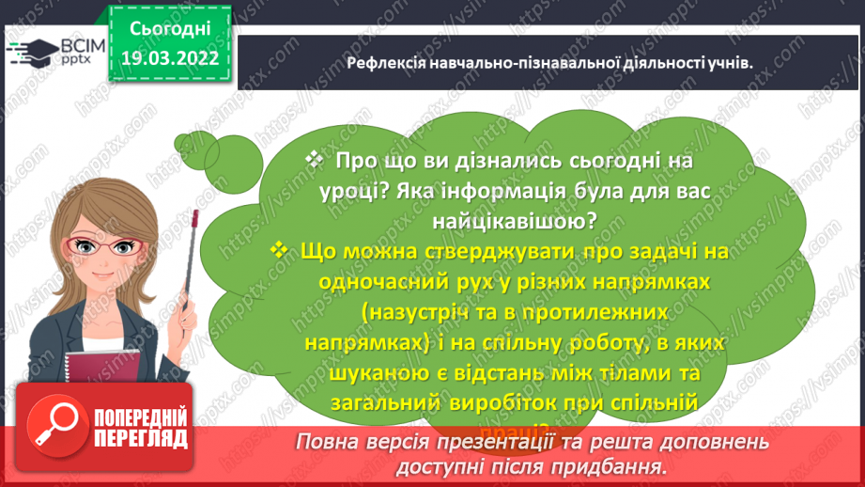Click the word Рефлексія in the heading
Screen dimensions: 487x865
[389, 63]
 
